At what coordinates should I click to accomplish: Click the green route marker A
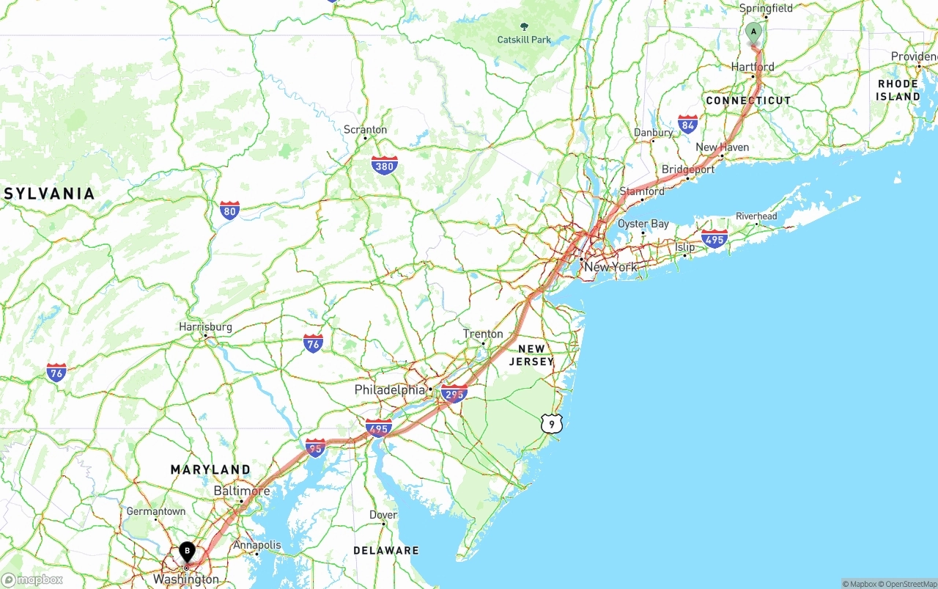[x=753, y=33]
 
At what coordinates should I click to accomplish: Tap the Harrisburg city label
[x=205, y=327]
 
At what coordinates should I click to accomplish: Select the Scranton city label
[x=365, y=130]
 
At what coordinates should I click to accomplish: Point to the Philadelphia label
[x=390, y=389]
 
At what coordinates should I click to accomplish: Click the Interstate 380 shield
[x=384, y=165]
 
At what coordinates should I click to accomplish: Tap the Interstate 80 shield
[x=229, y=211]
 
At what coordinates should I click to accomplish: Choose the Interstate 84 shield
[x=687, y=125]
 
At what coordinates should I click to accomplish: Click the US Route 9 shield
[x=551, y=423]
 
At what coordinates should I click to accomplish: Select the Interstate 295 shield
[x=454, y=394]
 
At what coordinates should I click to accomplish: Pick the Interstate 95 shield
[x=315, y=447]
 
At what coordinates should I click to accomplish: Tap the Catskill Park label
[x=524, y=40]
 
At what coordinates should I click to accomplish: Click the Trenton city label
[x=483, y=334]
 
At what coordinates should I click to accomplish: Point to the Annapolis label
[x=257, y=545]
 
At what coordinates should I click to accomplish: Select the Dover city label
[x=383, y=515]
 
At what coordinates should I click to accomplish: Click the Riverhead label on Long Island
[x=756, y=216]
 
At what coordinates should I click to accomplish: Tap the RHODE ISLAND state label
[x=898, y=90]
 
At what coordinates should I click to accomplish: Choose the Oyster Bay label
[x=643, y=224]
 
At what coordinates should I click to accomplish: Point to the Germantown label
[x=155, y=511]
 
